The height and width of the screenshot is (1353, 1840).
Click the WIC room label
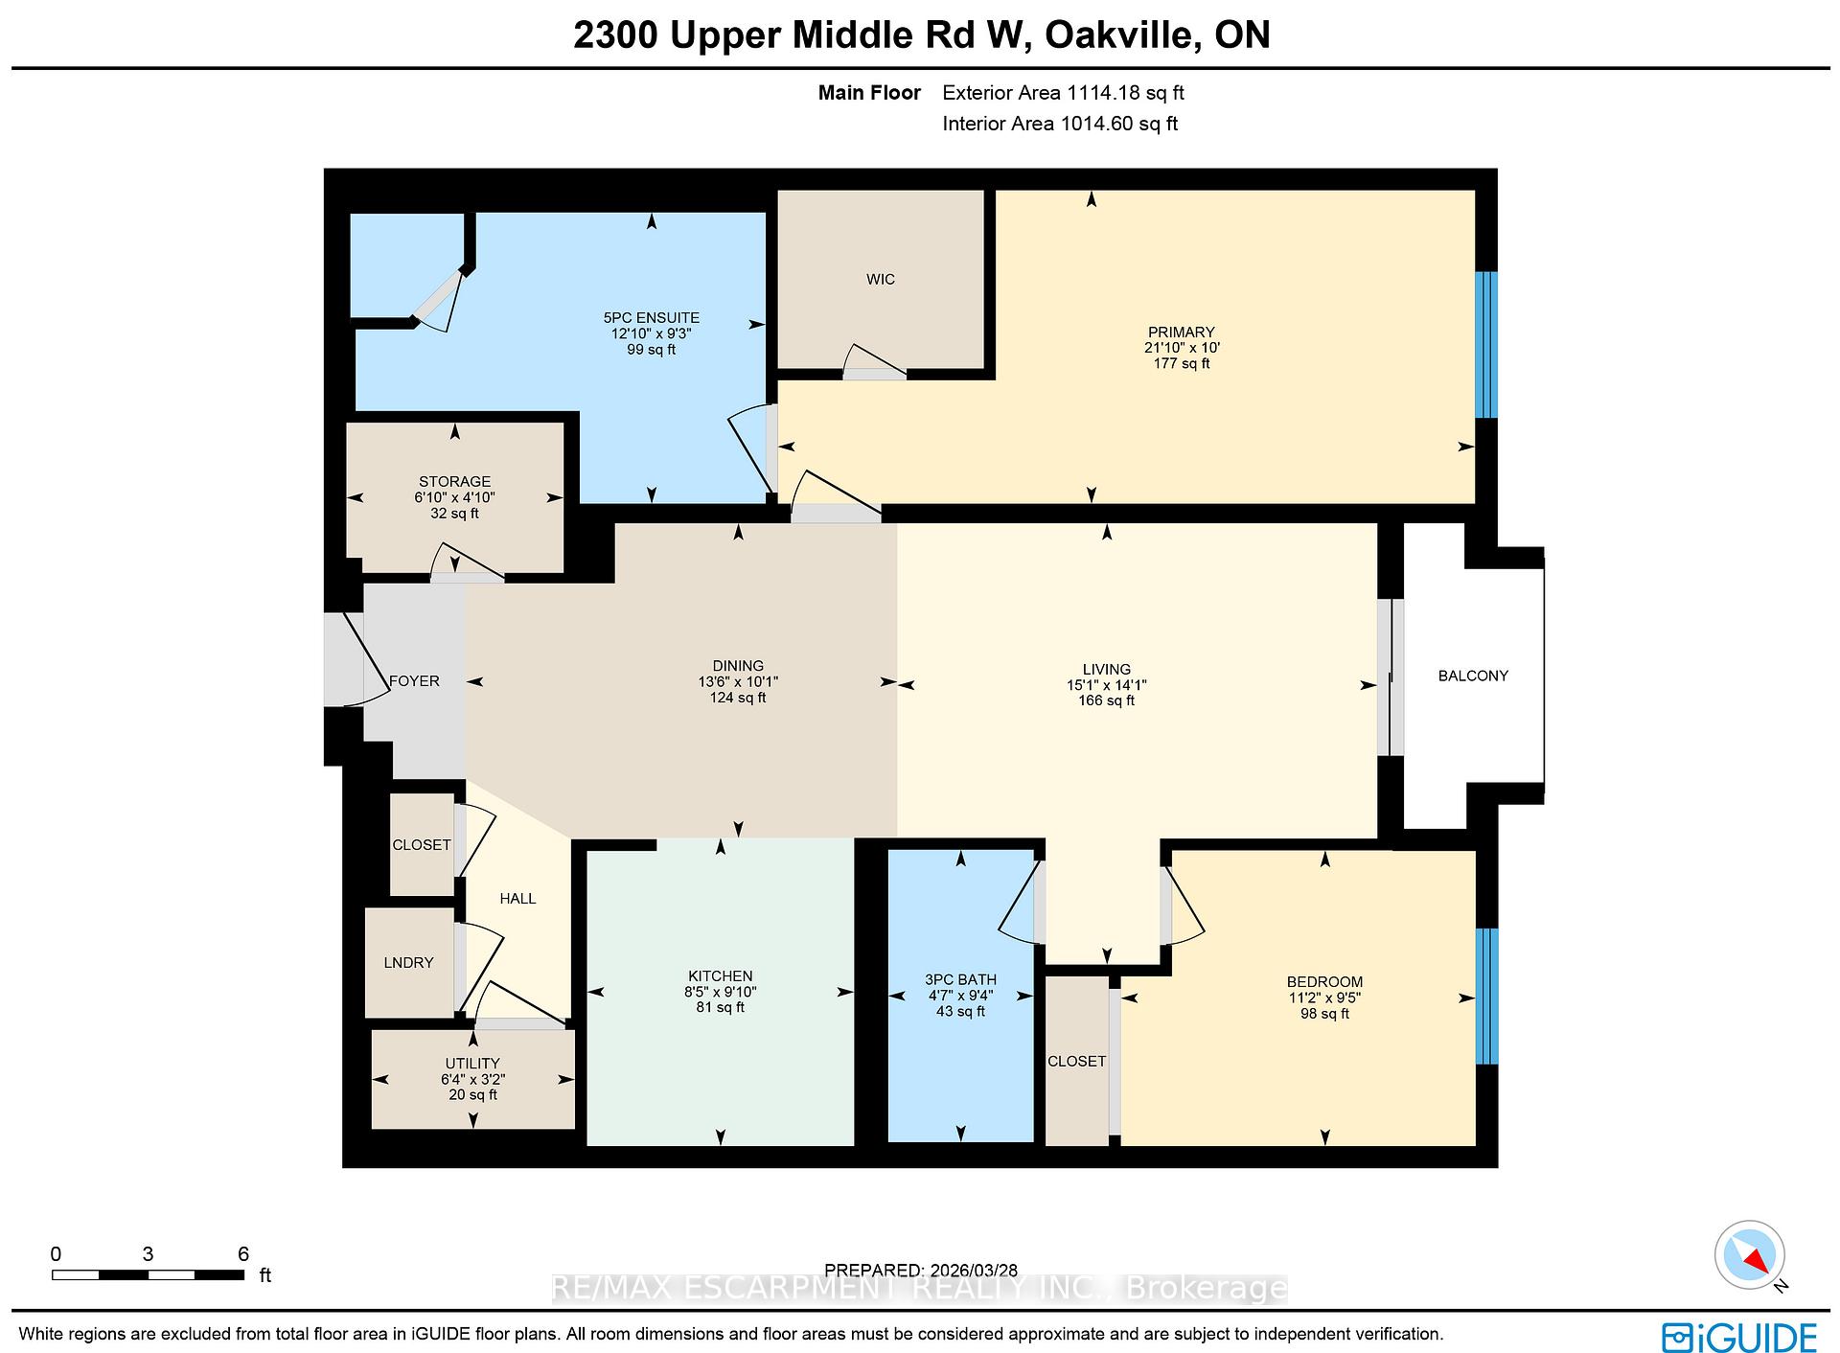(880, 279)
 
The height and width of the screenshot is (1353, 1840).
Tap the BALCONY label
(1473, 676)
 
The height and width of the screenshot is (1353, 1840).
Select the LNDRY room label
(409, 962)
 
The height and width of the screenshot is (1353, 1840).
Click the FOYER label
(414, 681)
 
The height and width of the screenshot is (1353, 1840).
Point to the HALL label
(517, 898)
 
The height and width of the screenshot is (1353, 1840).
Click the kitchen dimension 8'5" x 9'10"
(720, 992)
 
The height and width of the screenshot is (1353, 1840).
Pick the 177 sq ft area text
(1181, 363)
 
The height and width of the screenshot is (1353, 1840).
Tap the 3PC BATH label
(960, 979)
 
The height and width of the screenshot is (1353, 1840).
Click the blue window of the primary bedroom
(1484, 345)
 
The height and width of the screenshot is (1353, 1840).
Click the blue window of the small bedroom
(1485, 996)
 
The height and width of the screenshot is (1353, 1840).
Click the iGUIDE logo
(1739, 1338)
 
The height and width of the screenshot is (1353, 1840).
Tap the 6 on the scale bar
(243, 1253)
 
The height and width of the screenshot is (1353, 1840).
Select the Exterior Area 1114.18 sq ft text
(1063, 93)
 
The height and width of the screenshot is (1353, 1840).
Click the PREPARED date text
(920, 1270)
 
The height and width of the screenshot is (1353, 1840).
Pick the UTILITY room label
(471, 1063)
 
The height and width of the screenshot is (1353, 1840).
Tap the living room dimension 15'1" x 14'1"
(1106, 685)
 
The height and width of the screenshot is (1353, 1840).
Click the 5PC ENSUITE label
(651, 318)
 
